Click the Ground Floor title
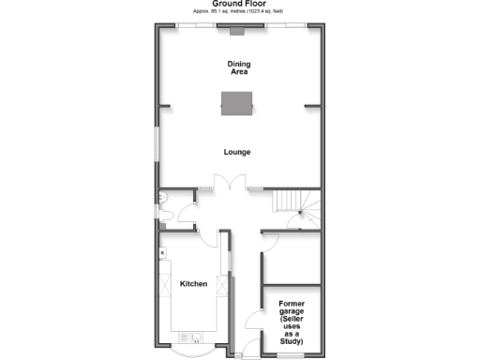pos(239,4)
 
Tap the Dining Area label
pos(239,67)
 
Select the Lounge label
pos(237,152)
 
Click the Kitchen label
pos(193,283)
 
